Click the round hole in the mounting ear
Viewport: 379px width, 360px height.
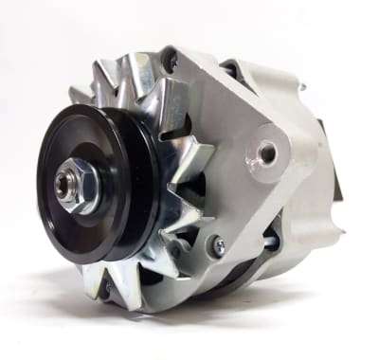coord(267,151)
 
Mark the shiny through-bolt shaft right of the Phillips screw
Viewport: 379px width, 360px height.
coord(268,243)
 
